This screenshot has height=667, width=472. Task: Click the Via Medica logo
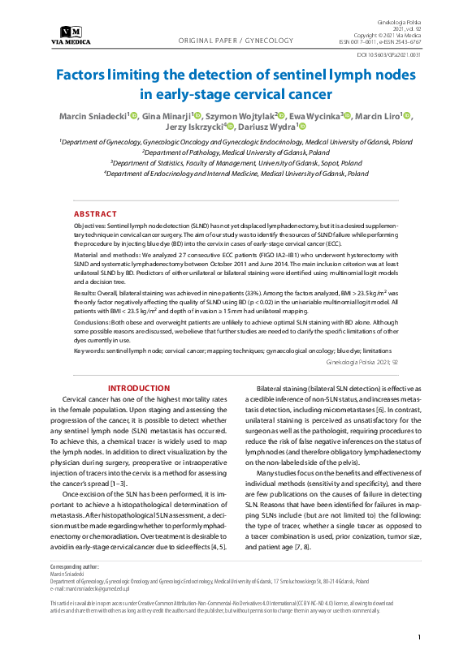(x=71, y=35)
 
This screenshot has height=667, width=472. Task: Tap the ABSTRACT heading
(x=95, y=214)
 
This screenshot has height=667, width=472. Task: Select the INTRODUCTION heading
(x=139, y=389)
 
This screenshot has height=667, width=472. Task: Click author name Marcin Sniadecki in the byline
(x=93, y=117)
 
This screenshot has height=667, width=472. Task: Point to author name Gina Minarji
(x=166, y=117)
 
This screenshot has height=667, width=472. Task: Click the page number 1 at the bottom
(x=418, y=639)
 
